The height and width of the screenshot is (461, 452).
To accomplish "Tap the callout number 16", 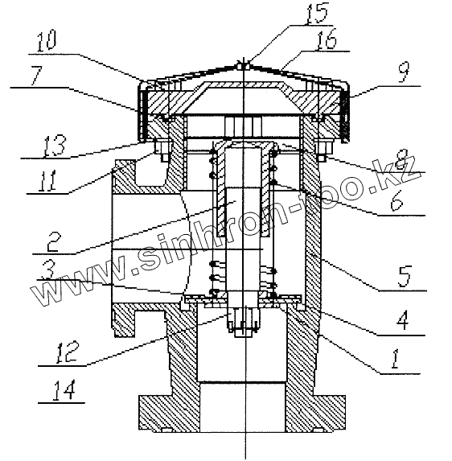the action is point(326,39).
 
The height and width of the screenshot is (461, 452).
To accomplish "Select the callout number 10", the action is point(46,42).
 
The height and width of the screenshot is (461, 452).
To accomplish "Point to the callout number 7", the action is point(37,76).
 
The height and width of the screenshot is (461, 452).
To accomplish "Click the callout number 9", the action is point(404,73).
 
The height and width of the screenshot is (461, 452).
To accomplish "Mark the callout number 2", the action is point(53,241).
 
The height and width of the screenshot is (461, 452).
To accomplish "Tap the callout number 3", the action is point(47,271).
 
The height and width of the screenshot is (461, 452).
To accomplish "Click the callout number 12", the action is point(68,352).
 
